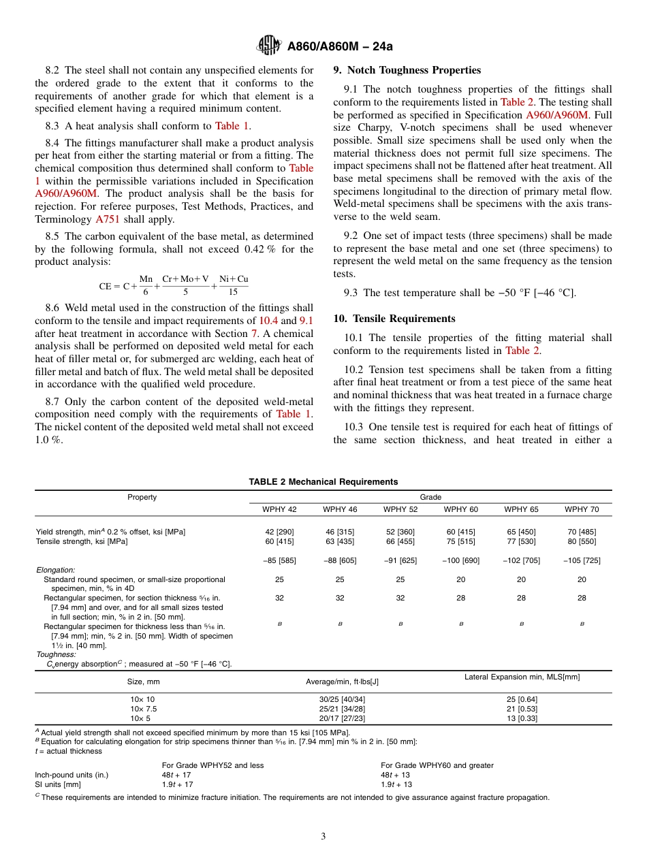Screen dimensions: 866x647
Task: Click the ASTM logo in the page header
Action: pos(270,46)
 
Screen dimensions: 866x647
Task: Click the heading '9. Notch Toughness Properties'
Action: pos(407,70)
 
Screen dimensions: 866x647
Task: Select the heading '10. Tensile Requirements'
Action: pos(394,319)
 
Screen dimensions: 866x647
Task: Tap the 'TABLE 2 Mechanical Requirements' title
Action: pos(323,482)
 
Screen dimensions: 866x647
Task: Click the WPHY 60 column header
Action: pos(461,509)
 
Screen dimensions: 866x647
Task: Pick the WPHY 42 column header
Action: pos(279,509)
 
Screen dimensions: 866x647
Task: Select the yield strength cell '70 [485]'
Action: pos(582,532)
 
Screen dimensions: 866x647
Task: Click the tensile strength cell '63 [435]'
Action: pos(340,541)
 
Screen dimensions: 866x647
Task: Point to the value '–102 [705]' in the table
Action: pos(521,560)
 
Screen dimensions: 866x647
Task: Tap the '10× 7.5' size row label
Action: pos(144,709)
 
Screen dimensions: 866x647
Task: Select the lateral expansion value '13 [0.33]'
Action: pos(522,718)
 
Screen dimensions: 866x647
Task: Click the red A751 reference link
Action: pos(106,219)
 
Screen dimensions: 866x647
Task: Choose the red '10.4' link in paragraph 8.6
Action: pos(268,321)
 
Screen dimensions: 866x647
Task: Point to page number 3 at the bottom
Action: pos(323,837)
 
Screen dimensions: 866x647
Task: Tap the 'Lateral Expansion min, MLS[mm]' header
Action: pos(522,677)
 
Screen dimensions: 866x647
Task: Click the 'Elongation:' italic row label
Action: pos(55,570)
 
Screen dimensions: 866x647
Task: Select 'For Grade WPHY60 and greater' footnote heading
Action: pos(437,765)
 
